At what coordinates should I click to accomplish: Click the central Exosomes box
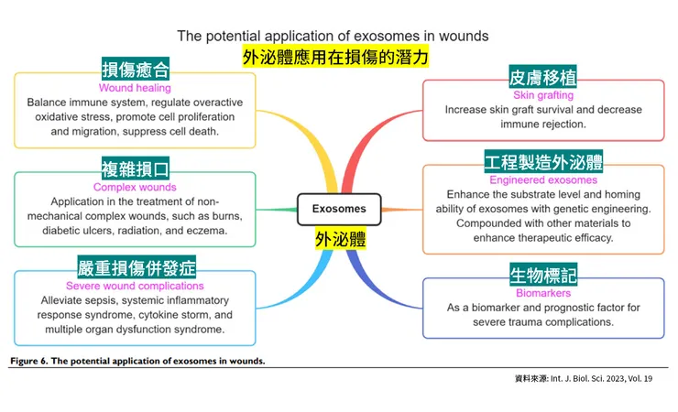pyautogui.click(x=338, y=209)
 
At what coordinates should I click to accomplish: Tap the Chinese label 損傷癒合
pyautogui.click(x=136, y=70)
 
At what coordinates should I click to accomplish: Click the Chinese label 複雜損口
pyautogui.click(x=135, y=168)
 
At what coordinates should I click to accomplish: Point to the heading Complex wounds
pyautogui.click(x=135, y=188)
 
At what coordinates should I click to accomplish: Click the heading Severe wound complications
pyautogui.click(x=135, y=287)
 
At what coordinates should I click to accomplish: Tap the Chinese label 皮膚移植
pyautogui.click(x=542, y=77)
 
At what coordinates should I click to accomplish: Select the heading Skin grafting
pyautogui.click(x=543, y=94)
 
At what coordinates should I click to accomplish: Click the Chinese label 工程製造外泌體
pyautogui.click(x=543, y=163)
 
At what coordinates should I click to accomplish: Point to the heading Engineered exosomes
pyautogui.click(x=543, y=180)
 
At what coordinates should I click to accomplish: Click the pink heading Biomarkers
pyautogui.click(x=542, y=293)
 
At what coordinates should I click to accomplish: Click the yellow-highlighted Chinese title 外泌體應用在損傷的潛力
pyautogui.click(x=335, y=57)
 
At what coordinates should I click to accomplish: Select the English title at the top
pyautogui.click(x=333, y=36)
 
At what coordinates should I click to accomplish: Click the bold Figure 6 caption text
pyautogui.click(x=137, y=361)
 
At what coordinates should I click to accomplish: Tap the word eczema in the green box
pyautogui.click(x=206, y=231)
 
